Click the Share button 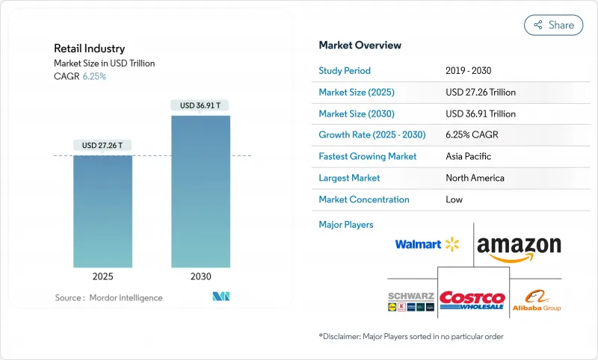tap(553, 25)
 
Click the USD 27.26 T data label tap(102, 145)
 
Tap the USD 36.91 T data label tap(200, 105)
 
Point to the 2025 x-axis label tap(102, 276)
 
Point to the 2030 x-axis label tap(200, 276)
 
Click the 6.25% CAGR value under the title tap(94, 76)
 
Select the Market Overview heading tap(360, 46)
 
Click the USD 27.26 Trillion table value tap(480, 93)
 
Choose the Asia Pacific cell tap(469, 157)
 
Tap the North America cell tap(474, 178)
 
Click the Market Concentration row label tap(364, 199)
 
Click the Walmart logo tap(427, 244)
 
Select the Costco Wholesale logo tap(472, 300)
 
